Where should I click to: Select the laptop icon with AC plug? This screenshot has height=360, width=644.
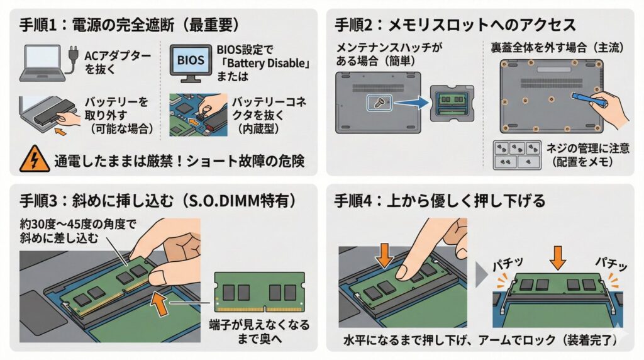click(x=44, y=63)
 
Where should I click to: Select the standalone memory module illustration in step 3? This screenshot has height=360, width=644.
click(x=259, y=291)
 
